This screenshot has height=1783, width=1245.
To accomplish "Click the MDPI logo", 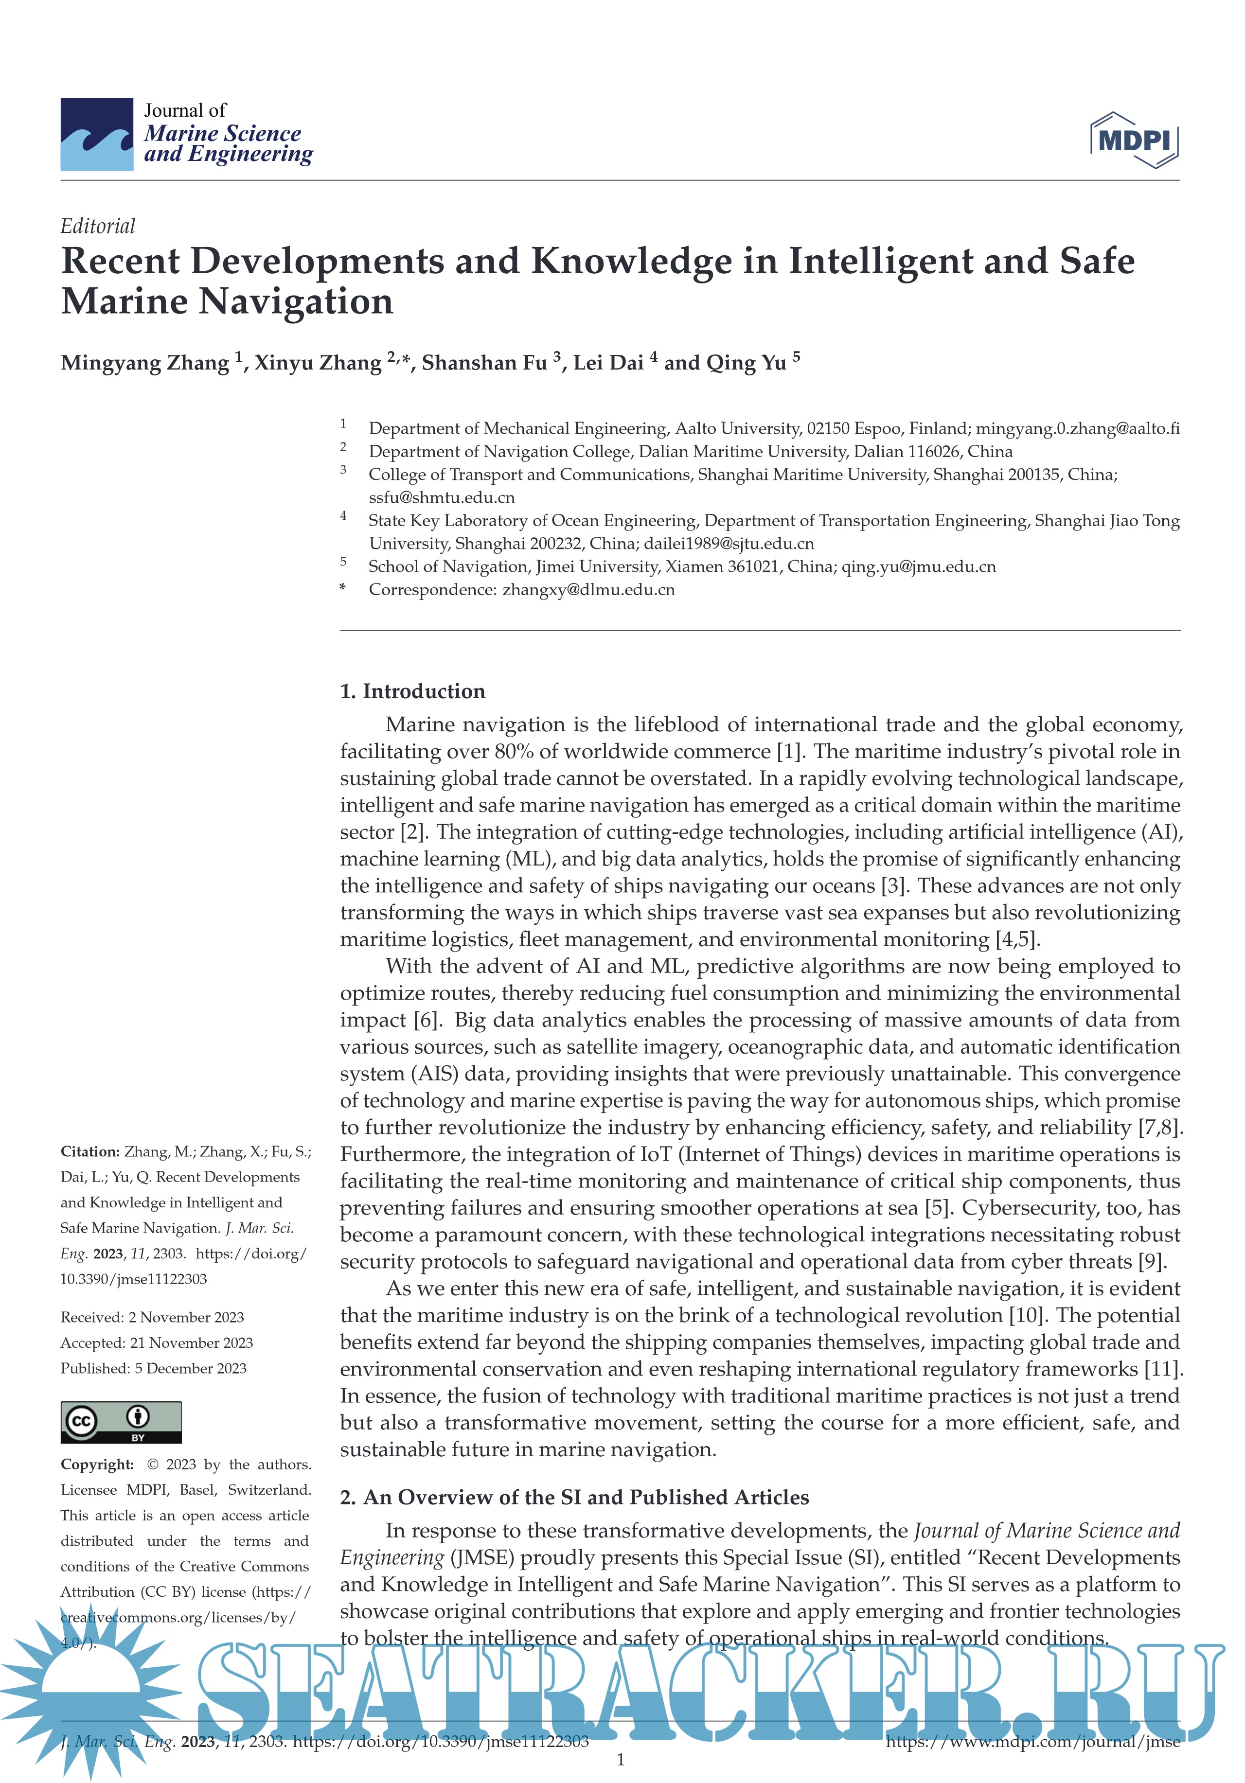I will (1134, 140).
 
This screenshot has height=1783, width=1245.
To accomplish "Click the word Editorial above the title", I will (98, 226).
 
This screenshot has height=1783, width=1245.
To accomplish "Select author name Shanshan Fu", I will (485, 363).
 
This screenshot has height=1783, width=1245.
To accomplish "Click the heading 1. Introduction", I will (412, 691).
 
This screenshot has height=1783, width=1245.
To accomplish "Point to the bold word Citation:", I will (90, 1152).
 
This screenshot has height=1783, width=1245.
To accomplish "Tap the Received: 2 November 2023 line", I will (152, 1318).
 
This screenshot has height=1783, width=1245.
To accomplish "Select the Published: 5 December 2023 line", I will (154, 1368).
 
